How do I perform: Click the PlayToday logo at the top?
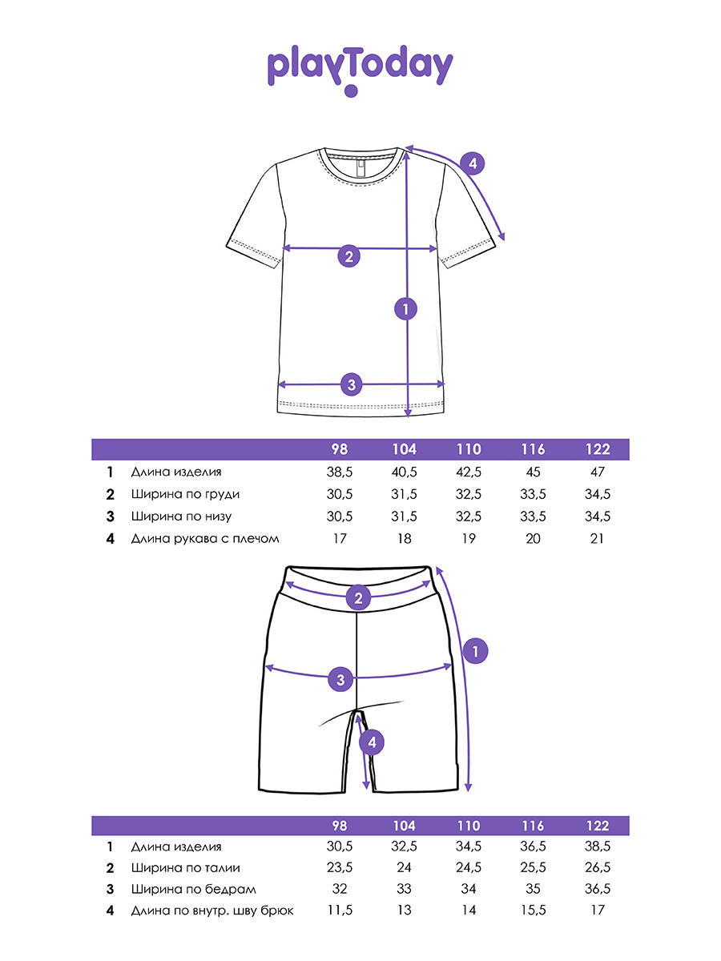[x=360, y=70]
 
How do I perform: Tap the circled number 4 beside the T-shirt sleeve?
[x=473, y=164]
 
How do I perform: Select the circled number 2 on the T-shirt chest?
[x=348, y=256]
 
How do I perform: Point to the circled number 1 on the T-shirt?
[x=407, y=308]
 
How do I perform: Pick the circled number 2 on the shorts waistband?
[x=358, y=597]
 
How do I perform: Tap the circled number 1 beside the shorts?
[x=476, y=651]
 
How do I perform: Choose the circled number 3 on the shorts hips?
[x=341, y=680]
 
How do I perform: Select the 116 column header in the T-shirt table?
[x=533, y=449]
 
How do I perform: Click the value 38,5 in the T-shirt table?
[x=340, y=472]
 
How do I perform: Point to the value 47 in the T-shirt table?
[x=597, y=472]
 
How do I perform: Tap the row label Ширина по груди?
[x=185, y=494]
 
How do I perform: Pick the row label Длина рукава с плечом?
[x=205, y=539]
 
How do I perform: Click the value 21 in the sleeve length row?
[x=597, y=539]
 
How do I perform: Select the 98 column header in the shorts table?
[x=340, y=826]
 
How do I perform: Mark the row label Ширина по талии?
[x=185, y=867]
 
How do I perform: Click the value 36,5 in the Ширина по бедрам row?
[x=597, y=889]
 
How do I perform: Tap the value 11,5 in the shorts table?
[x=340, y=911]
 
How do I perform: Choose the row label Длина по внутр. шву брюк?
[x=212, y=911]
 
